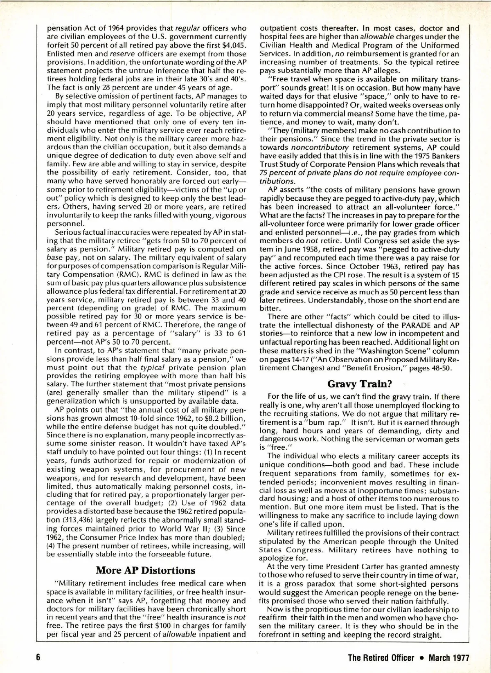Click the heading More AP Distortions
click(x=146, y=570)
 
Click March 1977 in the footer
click(x=448, y=657)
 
